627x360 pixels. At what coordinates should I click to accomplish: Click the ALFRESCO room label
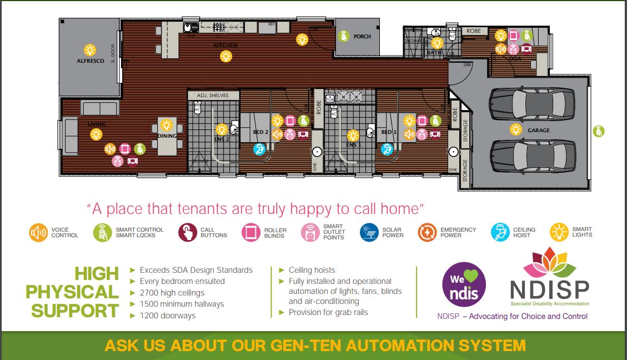click(91, 61)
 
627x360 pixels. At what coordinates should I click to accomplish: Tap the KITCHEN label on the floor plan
click(226, 45)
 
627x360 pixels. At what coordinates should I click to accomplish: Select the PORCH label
click(362, 37)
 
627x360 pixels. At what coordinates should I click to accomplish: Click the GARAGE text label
click(538, 131)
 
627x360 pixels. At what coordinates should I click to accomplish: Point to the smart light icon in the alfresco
click(89, 49)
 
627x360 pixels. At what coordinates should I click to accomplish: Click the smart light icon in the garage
click(516, 129)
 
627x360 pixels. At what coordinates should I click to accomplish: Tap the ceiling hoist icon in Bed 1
click(387, 149)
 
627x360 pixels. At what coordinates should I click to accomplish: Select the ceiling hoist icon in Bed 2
click(259, 149)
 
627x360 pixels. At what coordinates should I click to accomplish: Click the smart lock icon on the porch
click(344, 36)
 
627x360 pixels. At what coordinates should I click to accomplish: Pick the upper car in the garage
click(532, 103)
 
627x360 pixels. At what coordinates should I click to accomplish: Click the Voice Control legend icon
click(38, 232)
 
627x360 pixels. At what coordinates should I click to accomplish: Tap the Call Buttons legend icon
click(188, 232)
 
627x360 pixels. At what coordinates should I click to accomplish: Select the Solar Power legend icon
click(369, 232)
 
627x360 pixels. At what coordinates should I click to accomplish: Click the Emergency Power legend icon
click(427, 232)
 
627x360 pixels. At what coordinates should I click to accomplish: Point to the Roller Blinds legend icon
click(251, 232)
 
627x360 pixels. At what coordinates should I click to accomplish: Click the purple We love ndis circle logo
click(464, 285)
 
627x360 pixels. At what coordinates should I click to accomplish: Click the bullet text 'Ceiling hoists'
click(312, 270)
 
